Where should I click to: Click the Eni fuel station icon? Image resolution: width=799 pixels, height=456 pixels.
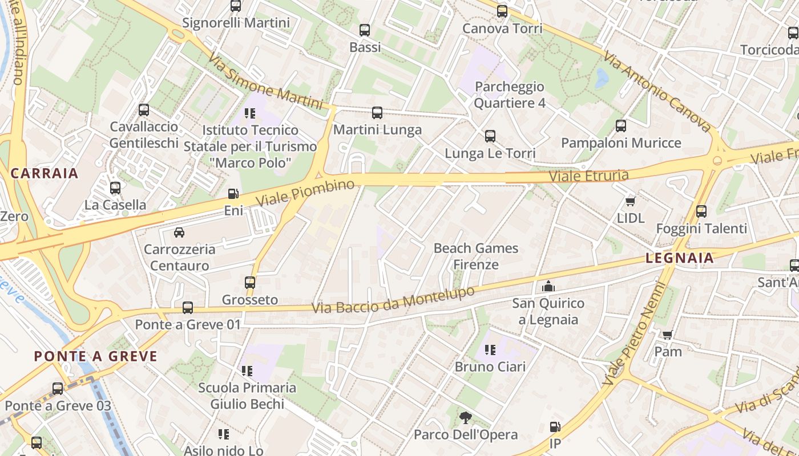[233, 194]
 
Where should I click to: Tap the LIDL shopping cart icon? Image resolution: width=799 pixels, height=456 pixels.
[631, 202]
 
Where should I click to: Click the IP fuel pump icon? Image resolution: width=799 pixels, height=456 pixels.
[555, 427]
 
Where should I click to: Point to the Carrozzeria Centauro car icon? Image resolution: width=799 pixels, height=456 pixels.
[179, 233]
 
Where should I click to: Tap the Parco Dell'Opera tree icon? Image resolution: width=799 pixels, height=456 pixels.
[466, 418]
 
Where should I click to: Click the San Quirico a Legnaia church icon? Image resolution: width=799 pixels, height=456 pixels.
[548, 286]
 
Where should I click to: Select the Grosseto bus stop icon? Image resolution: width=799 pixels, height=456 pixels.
[250, 283]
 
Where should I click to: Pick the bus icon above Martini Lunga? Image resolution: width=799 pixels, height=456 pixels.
[377, 113]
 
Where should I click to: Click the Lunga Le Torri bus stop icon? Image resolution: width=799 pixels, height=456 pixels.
[490, 136]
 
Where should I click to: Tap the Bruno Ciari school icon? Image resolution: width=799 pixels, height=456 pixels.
[490, 349]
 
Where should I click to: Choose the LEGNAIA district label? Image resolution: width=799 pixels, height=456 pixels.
[680, 258]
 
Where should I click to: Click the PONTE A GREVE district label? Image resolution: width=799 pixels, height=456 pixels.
[95, 357]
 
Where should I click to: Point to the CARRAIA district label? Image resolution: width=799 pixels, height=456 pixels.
[44, 173]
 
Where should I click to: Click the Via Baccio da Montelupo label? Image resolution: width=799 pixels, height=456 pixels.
[393, 300]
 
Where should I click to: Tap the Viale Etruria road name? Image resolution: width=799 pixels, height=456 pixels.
[589, 176]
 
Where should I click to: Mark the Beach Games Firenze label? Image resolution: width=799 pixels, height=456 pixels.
[476, 256]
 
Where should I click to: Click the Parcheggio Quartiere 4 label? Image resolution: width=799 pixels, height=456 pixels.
[510, 95]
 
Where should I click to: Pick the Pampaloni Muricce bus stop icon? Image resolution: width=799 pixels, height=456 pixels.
[621, 126]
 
